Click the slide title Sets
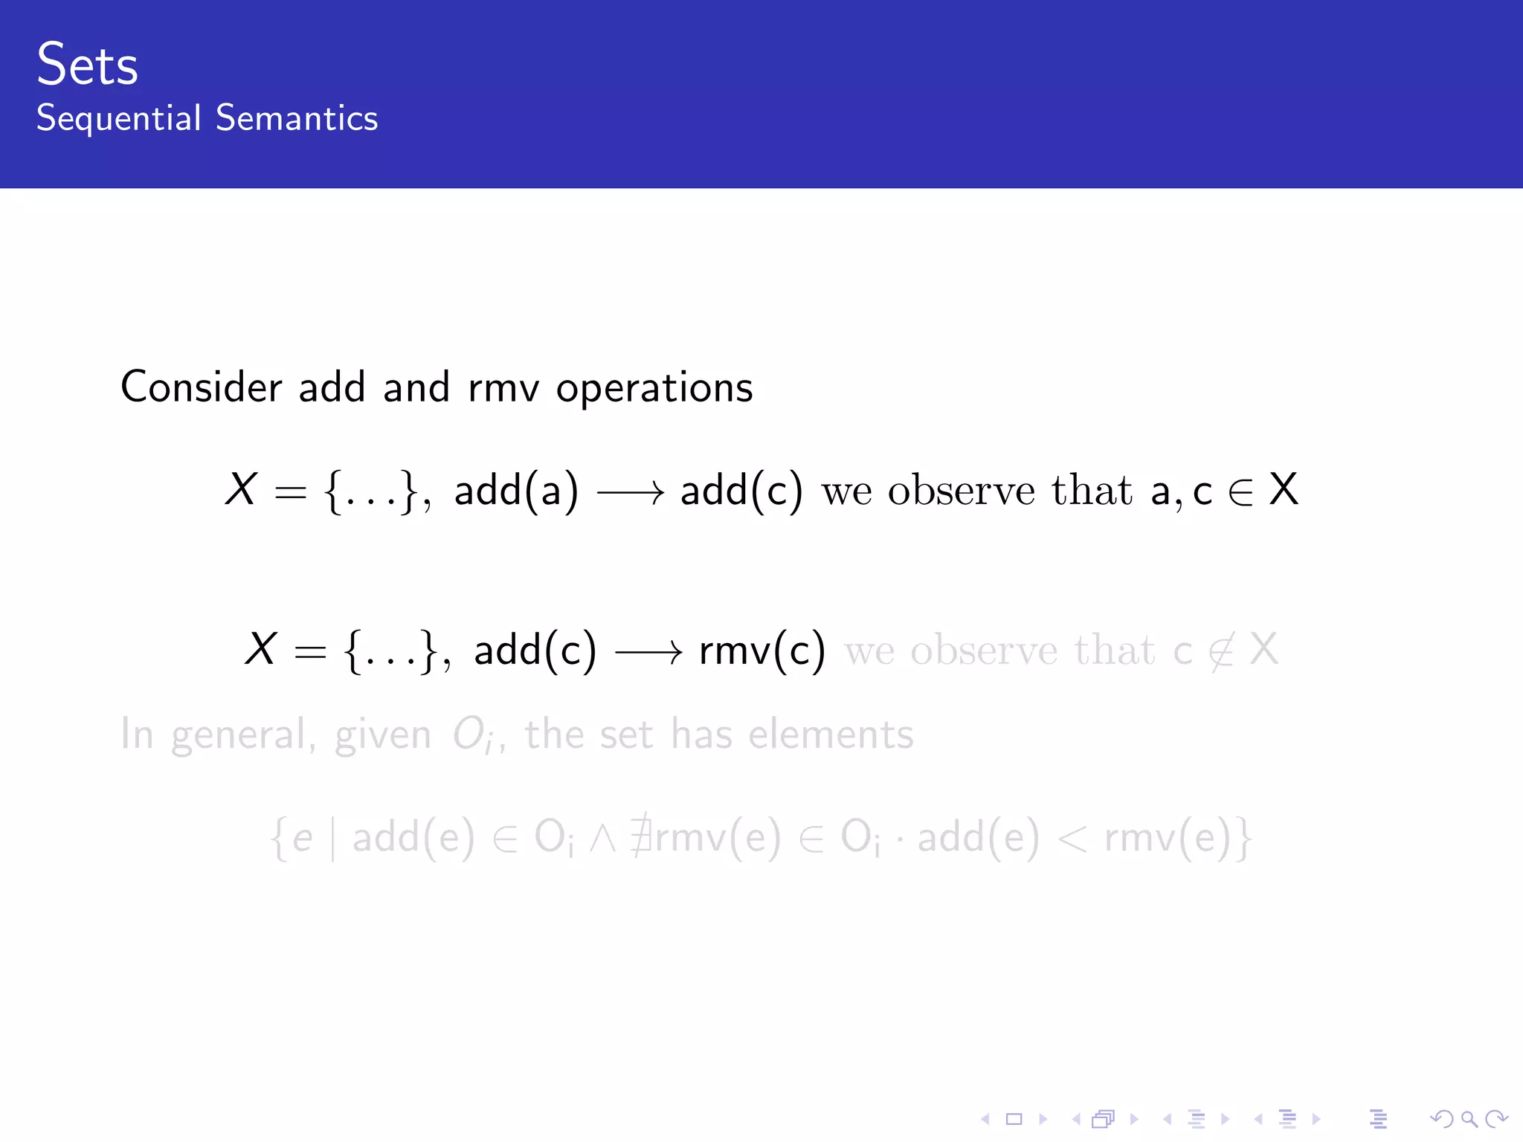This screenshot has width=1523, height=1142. coord(87,65)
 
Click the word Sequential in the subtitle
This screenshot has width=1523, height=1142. coord(119,118)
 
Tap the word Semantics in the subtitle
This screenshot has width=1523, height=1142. coord(297,118)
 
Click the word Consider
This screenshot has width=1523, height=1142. coord(201,387)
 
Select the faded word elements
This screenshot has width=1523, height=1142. coord(831,735)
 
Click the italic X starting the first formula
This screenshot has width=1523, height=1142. coord(241,490)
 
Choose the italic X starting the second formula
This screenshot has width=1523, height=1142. coord(261,649)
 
